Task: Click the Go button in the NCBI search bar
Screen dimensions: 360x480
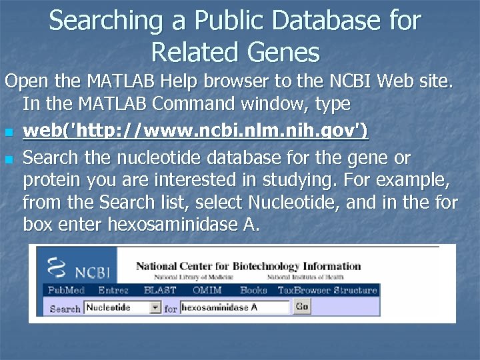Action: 302,307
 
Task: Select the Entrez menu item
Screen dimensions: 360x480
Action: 113,290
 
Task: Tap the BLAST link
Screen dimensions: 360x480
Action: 160,290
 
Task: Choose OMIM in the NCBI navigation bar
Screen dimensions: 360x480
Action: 207,290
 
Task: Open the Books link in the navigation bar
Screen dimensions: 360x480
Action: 253,290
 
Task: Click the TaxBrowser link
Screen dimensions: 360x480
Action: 304,290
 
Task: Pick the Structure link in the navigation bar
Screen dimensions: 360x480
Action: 355,290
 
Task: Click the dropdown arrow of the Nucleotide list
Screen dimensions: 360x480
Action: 155,307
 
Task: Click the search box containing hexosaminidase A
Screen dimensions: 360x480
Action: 235,307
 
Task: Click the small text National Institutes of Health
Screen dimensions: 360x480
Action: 305,277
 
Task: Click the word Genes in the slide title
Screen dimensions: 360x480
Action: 282,51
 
